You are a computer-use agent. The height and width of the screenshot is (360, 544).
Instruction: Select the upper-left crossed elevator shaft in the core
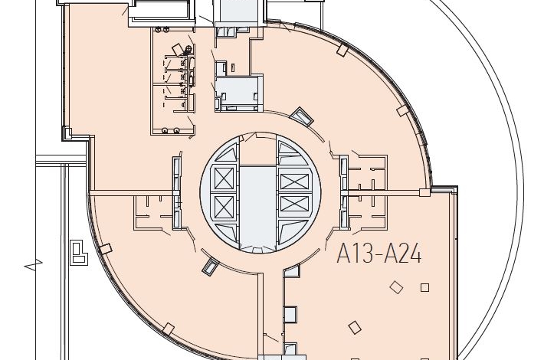click(224, 178)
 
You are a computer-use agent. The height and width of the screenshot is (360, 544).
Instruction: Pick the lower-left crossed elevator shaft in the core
click(224, 207)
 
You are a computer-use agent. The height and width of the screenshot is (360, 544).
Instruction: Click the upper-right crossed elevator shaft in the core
click(294, 181)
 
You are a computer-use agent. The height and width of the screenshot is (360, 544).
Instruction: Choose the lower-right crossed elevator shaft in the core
click(294, 203)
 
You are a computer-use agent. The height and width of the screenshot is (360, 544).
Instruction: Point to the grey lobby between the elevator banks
click(257, 207)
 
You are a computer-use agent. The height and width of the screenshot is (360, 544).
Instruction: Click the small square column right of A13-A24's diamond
click(424, 287)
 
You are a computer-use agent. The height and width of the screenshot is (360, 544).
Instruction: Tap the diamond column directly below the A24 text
click(396, 287)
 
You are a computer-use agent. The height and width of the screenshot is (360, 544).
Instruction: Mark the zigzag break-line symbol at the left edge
click(33, 264)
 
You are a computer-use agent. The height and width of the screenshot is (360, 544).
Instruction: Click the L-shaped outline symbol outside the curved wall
click(79, 254)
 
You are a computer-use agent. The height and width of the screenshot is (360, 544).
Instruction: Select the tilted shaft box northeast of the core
click(301, 117)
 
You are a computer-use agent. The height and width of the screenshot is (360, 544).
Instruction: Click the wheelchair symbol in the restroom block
click(188, 51)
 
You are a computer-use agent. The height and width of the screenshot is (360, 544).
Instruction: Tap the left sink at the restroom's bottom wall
click(165, 130)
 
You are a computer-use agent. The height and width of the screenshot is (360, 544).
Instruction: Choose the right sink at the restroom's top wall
click(166, 30)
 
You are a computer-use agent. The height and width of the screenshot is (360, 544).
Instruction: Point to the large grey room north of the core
click(236, 90)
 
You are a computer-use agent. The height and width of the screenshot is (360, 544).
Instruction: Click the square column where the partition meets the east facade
click(424, 193)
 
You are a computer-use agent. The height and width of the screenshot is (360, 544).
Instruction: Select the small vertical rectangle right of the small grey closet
click(233, 67)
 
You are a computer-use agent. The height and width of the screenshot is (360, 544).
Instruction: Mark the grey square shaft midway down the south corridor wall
click(290, 315)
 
